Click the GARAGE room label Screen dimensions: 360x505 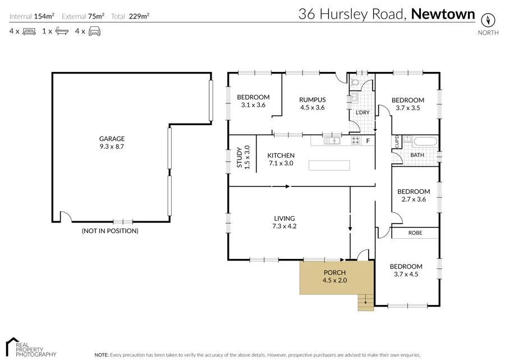112,139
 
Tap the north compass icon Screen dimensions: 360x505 488,19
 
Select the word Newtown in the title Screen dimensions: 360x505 443,14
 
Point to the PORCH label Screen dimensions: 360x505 335,273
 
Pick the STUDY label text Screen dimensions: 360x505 240,157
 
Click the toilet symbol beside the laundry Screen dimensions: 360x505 355,84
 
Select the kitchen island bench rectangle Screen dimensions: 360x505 328,166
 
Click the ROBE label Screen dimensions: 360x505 415,233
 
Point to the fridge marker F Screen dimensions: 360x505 368,140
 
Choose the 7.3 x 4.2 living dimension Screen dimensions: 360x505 284,226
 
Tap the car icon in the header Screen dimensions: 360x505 94,31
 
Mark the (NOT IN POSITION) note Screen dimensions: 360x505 110,231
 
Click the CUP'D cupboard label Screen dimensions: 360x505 397,142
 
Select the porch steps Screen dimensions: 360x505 365,303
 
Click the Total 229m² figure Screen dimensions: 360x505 130,16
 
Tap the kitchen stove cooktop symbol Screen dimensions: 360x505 356,140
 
